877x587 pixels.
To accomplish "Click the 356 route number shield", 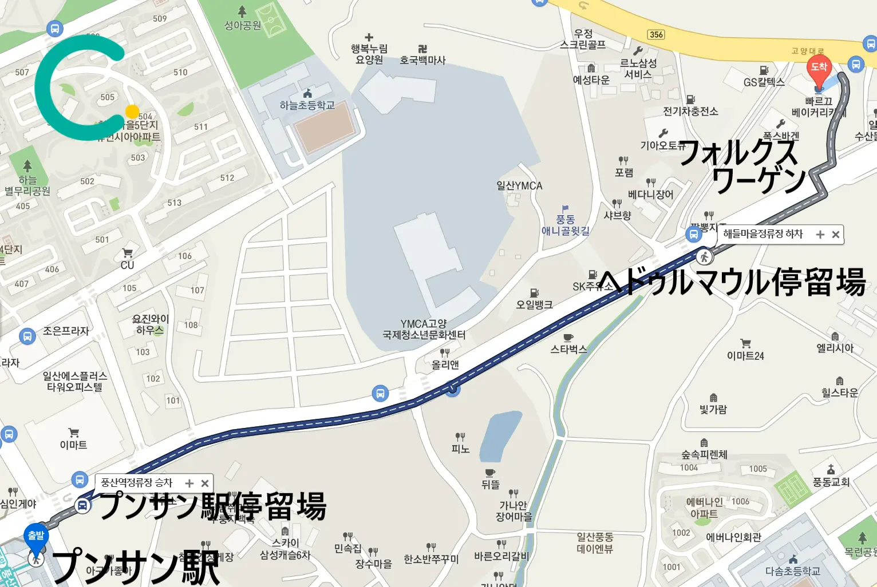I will [x=656, y=34].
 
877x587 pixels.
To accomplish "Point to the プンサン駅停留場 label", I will [x=212, y=506].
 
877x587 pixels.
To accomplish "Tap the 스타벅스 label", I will [x=568, y=349].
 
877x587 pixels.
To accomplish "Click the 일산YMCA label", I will [x=519, y=186].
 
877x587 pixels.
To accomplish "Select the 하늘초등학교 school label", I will [x=307, y=105].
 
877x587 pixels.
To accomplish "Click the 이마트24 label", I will [x=745, y=356].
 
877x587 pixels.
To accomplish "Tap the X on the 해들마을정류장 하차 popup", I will [x=836, y=235].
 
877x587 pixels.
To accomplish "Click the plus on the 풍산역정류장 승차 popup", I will [x=189, y=483].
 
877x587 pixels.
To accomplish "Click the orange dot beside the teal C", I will [x=132, y=111].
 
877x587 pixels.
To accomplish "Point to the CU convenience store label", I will [x=127, y=265].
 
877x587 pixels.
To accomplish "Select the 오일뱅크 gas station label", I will [x=534, y=304].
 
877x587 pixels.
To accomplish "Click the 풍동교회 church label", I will [x=831, y=482].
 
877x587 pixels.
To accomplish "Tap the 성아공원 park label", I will [x=243, y=25].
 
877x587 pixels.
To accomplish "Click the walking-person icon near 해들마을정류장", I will [x=705, y=257].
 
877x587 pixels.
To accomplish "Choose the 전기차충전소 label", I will [x=690, y=111].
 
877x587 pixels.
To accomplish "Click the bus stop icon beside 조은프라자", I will [x=27, y=336].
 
